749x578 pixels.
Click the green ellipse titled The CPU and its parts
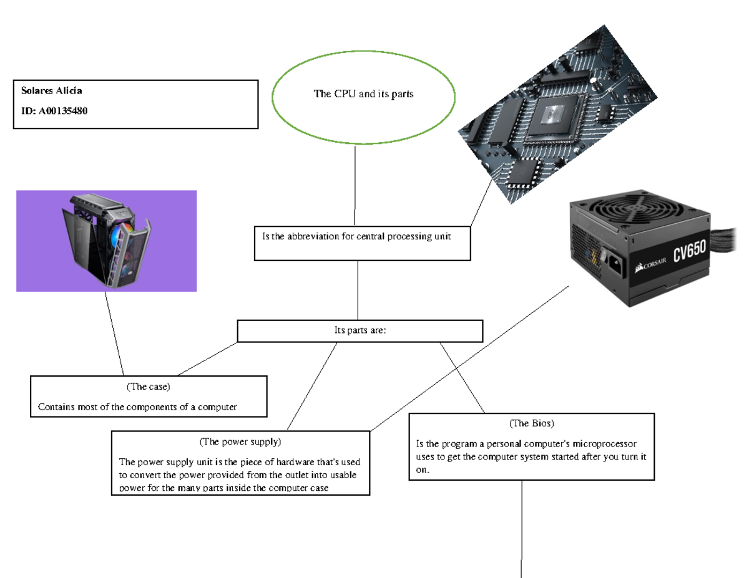click(363, 95)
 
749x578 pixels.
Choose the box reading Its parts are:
click(360, 331)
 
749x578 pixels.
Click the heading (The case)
click(149, 387)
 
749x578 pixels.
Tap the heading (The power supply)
click(240, 442)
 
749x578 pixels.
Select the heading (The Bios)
click(532, 423)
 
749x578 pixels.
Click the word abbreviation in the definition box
click(313, 236)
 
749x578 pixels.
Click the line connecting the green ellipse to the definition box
click(355, 184)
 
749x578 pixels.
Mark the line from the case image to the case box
click(114, 333)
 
